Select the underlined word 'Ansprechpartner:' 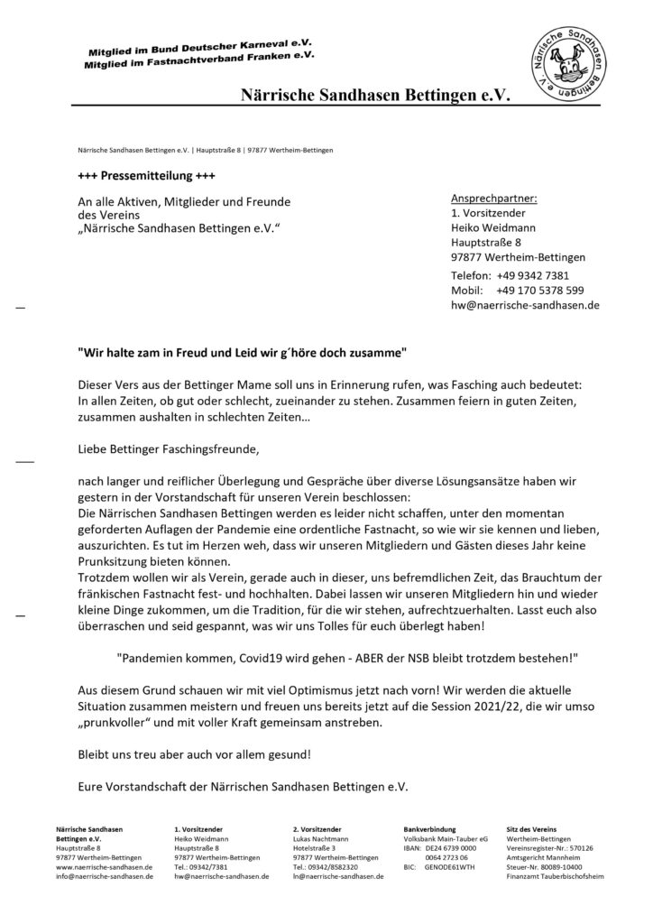(x=493, y=198)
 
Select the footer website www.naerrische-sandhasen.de (x=104, y=866)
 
